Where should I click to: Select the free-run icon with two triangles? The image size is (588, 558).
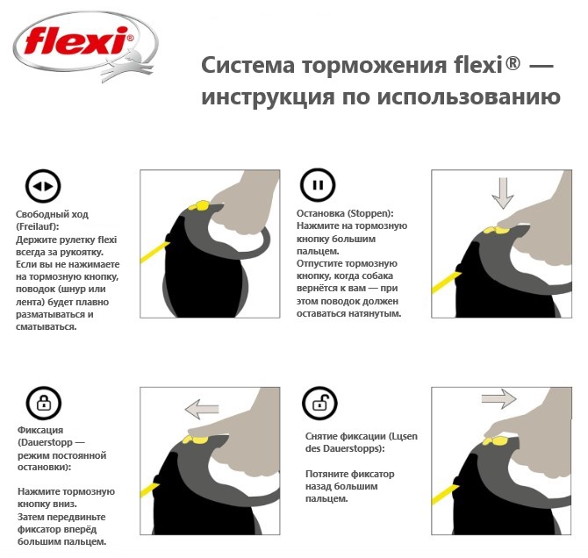[42, 187]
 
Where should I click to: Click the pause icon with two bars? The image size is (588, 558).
[318, 187]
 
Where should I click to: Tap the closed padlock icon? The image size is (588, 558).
[42, 404]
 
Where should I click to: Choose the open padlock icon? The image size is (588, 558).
[318, 404]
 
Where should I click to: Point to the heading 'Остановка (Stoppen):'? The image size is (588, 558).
[345, 213]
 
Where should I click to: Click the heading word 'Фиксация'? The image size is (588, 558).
[39, 431]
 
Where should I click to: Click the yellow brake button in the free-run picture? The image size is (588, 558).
[201, 205]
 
